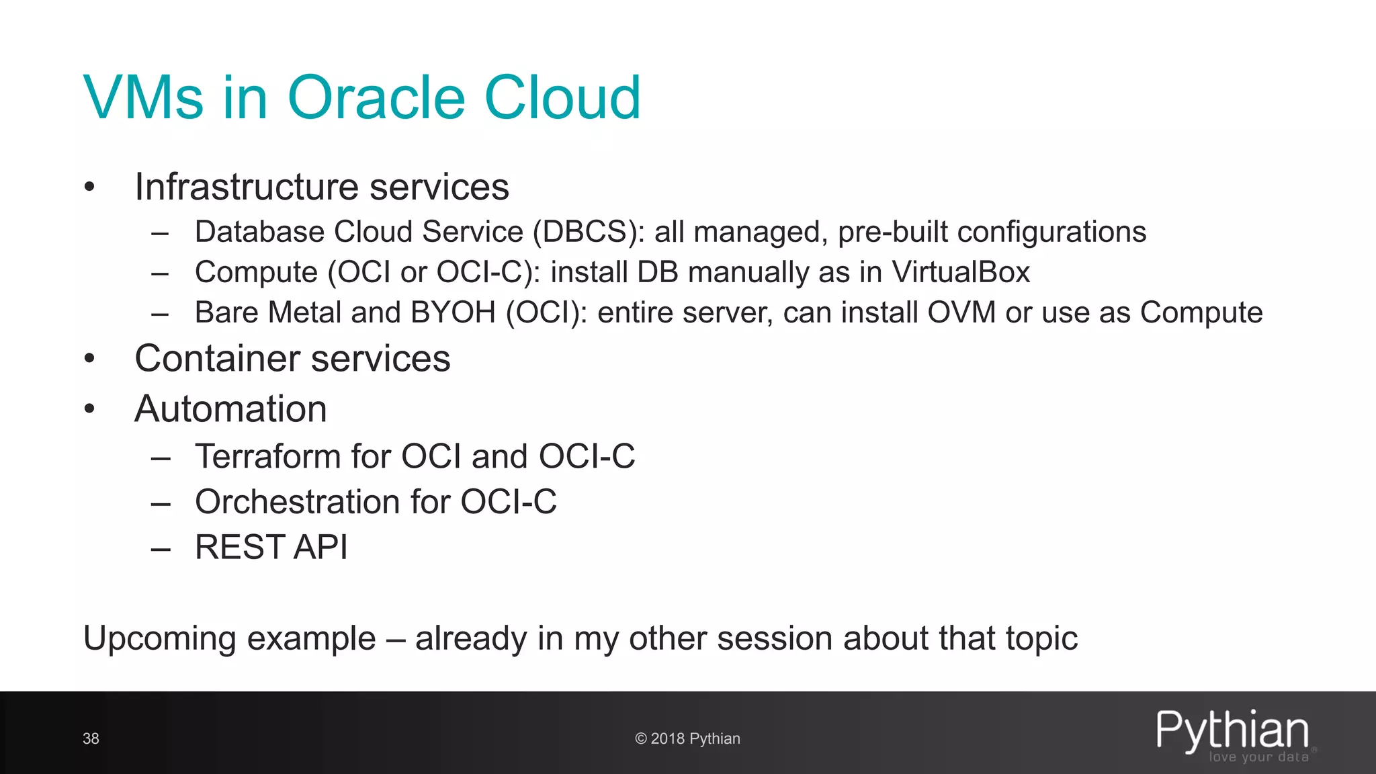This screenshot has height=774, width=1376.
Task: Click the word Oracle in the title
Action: point(376,98)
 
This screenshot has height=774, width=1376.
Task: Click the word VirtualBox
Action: point(961,273)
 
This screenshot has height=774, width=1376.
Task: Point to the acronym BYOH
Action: point(453,313)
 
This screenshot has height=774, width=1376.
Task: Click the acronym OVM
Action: point(961,313)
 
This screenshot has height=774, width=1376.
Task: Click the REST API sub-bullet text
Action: point(271,547)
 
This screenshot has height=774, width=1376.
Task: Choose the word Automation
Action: point(230,409)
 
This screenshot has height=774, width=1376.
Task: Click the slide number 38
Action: point(91,739)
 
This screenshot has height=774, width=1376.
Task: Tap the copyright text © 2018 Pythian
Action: point(687,739)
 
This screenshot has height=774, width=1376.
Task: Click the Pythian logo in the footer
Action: point(1232,730)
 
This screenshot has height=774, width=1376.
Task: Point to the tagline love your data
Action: point(1258,757)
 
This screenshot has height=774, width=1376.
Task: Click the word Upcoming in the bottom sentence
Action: point(162,639)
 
